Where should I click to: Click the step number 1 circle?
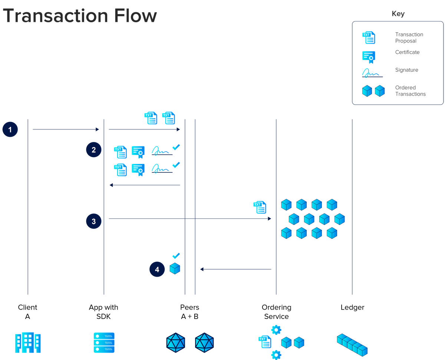click(x=10, y=130)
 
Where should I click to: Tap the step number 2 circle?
click(x=93, y=150)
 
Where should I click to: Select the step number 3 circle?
click(x=93, y=221)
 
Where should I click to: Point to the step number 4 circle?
click(x=157, y=270)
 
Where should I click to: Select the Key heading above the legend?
click(x=398, y=14)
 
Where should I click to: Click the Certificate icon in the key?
click(x=369, y=57)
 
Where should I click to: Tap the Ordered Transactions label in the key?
click(x=410, y=91)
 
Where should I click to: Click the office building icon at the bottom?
click(x=28, y=342)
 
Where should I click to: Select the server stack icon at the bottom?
click(x=104, y=342)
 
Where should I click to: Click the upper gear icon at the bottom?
click(x=276, y=329)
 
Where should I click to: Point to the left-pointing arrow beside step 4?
click(x=235, y=270)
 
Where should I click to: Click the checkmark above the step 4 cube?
click(x=176, y=255)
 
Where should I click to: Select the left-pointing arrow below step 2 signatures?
click(x=145, y=184)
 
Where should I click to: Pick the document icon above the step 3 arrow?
click(x=260, y=207)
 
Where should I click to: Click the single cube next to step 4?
click(x=175, y=268)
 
